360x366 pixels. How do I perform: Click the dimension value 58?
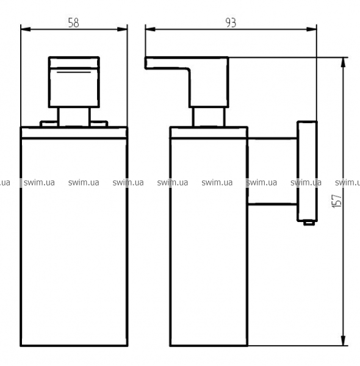74,23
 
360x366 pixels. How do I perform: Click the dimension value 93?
231,23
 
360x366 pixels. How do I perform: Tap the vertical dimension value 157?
337,201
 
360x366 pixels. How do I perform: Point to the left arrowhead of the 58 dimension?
26,29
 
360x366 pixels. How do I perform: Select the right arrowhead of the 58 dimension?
122,29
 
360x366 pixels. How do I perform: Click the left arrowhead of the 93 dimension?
150,29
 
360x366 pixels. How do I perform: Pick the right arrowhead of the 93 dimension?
312,29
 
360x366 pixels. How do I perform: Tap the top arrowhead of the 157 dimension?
343,62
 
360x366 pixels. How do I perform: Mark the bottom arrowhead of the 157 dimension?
343,340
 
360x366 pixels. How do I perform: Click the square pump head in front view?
74,82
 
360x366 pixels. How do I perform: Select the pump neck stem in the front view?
74,117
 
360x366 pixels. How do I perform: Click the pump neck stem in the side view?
209,117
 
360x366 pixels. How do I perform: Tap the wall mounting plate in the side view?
307,171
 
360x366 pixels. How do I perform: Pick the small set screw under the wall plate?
309,223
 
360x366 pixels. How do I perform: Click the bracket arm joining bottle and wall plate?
273,171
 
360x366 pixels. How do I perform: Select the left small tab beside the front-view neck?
49,124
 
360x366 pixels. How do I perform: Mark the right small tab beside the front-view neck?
99,124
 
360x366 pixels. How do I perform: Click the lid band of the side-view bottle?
209,133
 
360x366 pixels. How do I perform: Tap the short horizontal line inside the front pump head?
74,73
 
